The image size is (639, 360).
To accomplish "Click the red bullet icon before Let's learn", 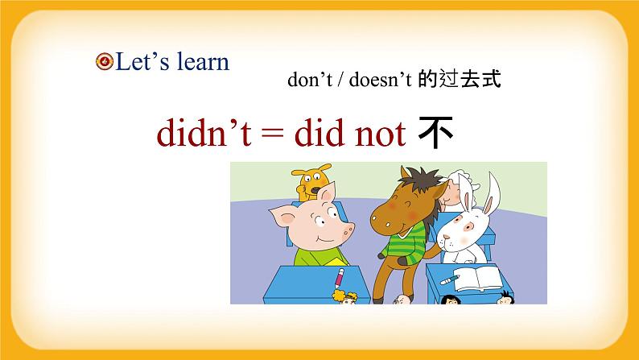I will click(x=104, y=62).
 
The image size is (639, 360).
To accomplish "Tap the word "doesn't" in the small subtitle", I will click(x=377, y=81).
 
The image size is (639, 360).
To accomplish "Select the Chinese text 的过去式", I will click(x=460, y=81).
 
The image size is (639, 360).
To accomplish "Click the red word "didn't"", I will click(x=200, y=135).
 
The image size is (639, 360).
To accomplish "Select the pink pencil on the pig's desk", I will click(x=339, y=281).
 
